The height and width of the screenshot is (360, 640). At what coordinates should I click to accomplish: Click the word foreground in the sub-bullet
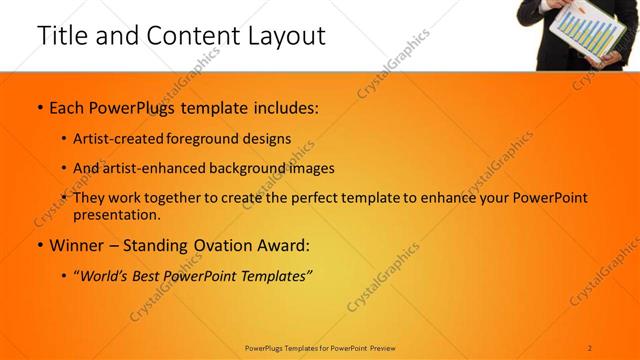coord(218,139)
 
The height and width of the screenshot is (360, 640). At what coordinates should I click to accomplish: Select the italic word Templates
coord(278,275)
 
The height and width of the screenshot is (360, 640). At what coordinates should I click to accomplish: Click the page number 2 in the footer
coord(590,347)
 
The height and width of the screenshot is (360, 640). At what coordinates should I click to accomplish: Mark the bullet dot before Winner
coord(39,244)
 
